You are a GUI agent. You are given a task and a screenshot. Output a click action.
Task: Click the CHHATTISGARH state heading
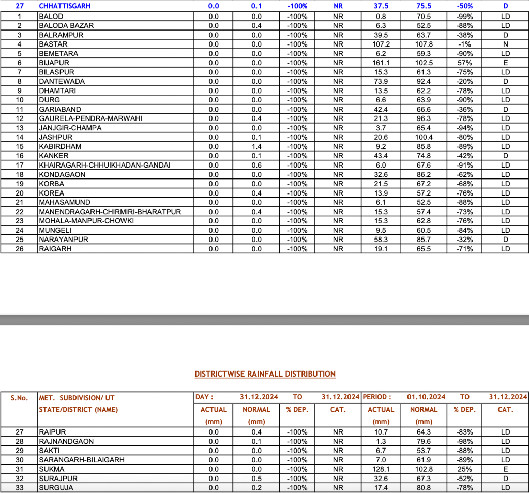pos(65,6)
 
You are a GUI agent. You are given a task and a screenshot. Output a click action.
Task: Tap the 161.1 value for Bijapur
pos(381,63)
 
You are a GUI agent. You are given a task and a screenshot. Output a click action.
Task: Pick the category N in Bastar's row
pos(505,44)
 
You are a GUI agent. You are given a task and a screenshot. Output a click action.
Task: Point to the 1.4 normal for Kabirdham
pos(256,146)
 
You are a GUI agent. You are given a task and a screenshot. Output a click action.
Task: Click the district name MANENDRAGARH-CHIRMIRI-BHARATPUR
pos(110,212)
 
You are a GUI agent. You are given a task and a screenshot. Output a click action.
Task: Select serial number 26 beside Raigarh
pos(20,249)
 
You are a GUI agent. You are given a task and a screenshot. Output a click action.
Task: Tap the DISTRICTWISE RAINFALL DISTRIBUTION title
pos(265,374)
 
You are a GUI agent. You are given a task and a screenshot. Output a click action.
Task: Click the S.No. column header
pos(20,398)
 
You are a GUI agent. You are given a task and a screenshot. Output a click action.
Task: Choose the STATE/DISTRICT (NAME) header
pos(79,410)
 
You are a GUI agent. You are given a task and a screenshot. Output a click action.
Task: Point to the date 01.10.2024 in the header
pos(426,397)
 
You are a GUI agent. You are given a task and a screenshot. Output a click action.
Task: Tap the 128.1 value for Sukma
pos(381,469)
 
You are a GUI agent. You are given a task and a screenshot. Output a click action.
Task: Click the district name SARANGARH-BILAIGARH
pos(82,460)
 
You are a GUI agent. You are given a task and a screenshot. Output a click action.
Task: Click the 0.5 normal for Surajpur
pos(256,479)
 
